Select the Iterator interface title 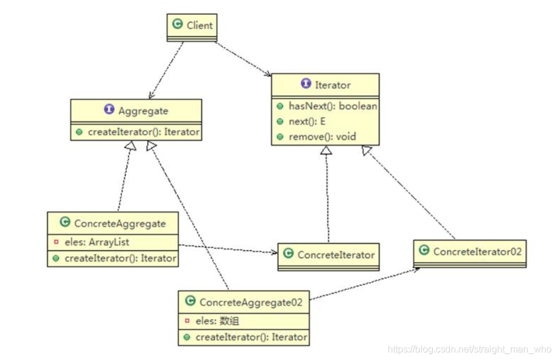coord(332,85)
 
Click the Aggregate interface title coord(143,110)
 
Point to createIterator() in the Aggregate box coord(143,132)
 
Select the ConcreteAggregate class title coord(119,223)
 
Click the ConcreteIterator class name coord(336,255)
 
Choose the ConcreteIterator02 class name coord(477,251)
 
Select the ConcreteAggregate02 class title coord(251,302)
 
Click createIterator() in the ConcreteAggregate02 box coord(251,337)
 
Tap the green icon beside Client coord(177,24)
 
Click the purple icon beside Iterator coord(306,84)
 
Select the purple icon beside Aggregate coord(109,110)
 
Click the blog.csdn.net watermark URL coord(469,350)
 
